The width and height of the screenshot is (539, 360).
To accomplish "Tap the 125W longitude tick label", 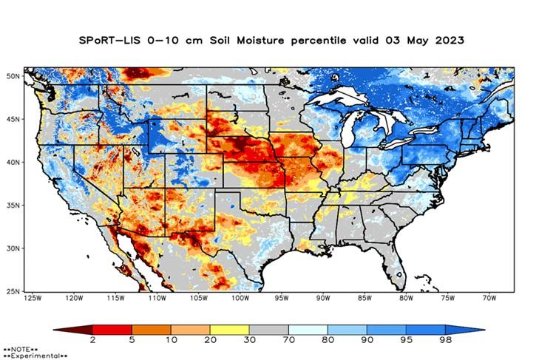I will pos(32,298).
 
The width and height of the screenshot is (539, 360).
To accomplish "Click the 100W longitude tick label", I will pos(239,298).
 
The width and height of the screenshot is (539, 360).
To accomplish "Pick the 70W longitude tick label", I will pos(489,298).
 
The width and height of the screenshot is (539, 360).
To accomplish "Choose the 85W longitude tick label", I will pos(364,298).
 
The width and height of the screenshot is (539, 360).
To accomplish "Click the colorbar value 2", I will pos(92,342).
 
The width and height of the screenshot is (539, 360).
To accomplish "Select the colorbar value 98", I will pos(445,342).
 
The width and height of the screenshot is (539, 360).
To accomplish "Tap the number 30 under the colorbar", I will pos(249,342).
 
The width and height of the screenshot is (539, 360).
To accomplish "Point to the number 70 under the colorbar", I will pos(288,342).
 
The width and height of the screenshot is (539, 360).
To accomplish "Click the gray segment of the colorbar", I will pos(268,330).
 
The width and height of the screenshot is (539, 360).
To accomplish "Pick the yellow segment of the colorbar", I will pos(229,330).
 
